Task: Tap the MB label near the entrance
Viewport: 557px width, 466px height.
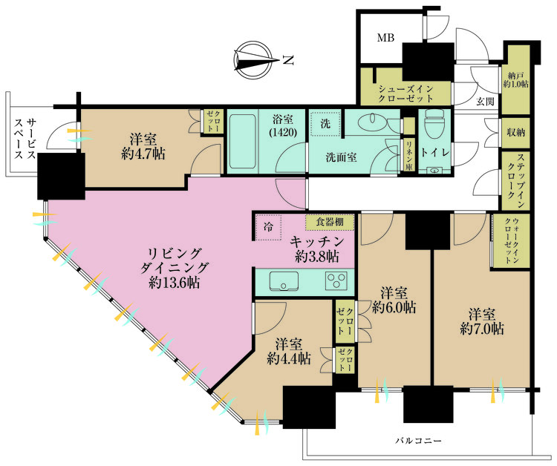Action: (385, 37)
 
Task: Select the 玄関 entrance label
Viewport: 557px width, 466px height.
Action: (485, 102)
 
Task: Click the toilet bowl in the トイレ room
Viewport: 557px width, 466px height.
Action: (434, 124)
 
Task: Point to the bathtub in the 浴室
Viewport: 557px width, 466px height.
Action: (243, 142)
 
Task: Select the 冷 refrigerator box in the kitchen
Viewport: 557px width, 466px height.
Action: (269, 227)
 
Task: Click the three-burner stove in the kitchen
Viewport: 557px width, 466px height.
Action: (336, 281)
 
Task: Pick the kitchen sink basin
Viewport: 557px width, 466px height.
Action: (284, 281)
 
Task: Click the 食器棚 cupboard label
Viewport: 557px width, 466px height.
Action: (330, 222)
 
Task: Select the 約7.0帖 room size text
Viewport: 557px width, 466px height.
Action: (482, 329)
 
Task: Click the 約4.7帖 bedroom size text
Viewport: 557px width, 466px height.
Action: (143, 154)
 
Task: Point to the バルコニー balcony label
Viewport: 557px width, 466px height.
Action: (419, 442)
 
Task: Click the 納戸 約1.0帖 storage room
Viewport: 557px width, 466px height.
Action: (515, 80)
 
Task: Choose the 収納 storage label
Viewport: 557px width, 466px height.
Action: (516, 133)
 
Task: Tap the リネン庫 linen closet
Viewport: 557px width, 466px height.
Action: (408, 155)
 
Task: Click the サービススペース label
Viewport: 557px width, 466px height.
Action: (25, 139)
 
